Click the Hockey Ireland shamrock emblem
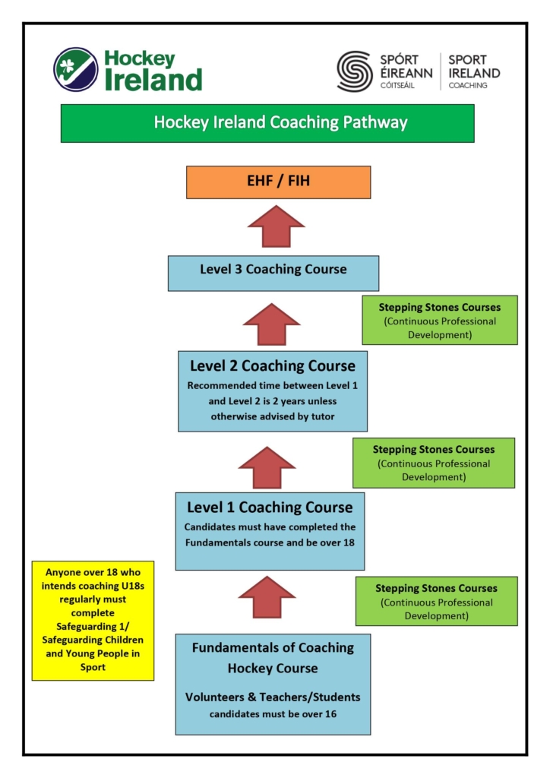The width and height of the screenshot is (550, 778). click(x=75, y=70)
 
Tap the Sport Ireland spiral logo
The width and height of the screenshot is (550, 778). click(x=356, y=71)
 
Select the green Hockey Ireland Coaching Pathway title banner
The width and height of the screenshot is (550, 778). click(x=267, y=123)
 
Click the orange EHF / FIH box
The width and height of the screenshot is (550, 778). click(x=278, y=182)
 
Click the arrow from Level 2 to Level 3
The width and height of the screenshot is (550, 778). click(x=271, y=324)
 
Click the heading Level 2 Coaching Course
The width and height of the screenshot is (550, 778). click(x=272, y=365)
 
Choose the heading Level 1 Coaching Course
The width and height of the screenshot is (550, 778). click(x=270, y=508)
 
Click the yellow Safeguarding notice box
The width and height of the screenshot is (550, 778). click(x=93, y=621)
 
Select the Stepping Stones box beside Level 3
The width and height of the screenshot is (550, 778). click(x=440, y=320)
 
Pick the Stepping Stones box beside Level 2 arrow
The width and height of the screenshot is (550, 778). click(x=434, y=462)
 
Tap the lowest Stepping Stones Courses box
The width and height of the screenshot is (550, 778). click(x=436, y=601)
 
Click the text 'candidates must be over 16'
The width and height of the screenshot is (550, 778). click(x=273, y=714)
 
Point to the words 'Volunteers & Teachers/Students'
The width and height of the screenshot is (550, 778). click(x=273, y=697)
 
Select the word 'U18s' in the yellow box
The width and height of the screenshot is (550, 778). click(x=126, y=586)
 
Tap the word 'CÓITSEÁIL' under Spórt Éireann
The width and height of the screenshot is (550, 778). click(x=397, y=85)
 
